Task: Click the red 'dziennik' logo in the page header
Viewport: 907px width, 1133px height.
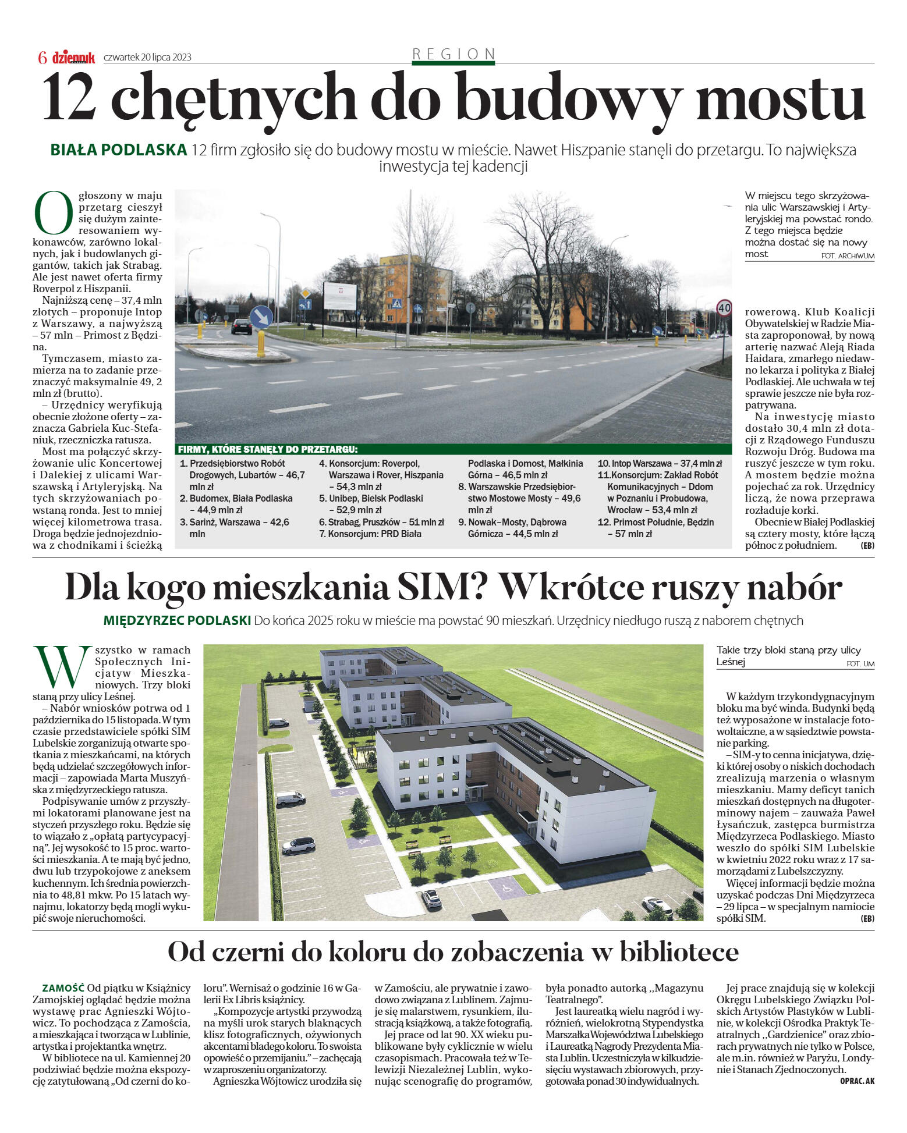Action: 73,57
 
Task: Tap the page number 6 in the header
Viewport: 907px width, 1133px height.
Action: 42,58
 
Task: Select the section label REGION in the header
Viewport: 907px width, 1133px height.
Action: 454,54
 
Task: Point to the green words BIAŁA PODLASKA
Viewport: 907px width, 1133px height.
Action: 118,150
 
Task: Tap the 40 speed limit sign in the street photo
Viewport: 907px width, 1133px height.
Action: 724,308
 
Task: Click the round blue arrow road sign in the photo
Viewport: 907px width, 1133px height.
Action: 261,317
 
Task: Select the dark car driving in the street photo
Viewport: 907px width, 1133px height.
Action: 241,326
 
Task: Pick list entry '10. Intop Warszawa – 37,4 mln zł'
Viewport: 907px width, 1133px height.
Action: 660,464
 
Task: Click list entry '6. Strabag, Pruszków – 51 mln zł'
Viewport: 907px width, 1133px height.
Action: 381,522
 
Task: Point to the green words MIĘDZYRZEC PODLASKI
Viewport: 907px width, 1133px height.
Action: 177,620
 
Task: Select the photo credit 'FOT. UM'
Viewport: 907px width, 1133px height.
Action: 860,664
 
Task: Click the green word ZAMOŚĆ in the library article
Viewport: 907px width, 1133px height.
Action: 63,988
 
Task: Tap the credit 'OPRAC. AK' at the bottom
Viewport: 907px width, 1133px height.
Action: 857,1081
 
